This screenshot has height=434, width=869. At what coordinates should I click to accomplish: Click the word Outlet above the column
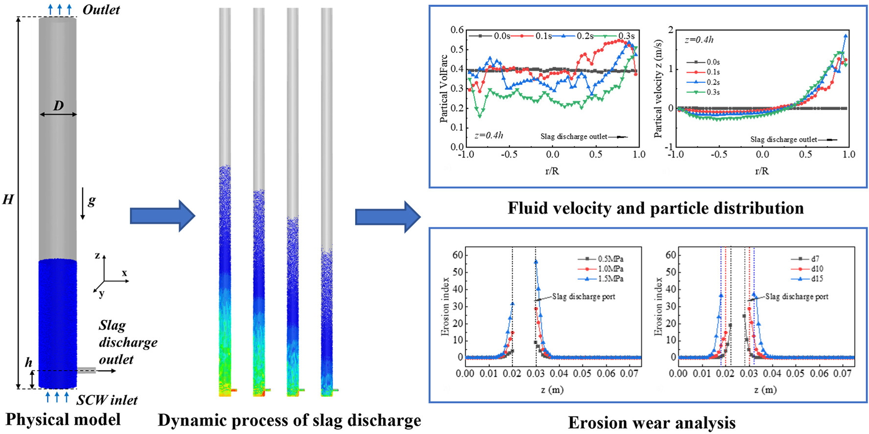click(x=101, y=10)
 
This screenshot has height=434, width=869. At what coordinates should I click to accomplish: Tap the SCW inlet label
click(x=107, y=400)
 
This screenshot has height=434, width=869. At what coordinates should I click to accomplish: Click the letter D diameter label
click(x=58, y=105)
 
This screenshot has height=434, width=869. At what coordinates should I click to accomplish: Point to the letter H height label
click(x=8, y=199)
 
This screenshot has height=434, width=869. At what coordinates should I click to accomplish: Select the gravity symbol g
click(x=92, y=200)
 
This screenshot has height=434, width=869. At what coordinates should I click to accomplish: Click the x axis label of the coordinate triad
click(x=124, y=273)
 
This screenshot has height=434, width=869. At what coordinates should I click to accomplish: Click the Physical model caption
click(x=63, y=420)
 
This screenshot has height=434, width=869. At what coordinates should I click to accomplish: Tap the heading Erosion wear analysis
click(x=652, y=423)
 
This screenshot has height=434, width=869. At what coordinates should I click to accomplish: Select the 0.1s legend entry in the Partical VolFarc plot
click(x=543, y=36)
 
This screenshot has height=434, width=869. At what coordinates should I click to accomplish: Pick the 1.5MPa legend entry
click(x=611, y=279)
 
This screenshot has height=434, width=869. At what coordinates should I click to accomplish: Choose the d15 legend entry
click(x=817, y=279)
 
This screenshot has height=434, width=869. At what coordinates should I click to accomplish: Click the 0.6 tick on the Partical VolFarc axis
click(x=457, y=30)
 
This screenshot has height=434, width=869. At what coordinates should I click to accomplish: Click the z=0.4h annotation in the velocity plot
click(x=699, y=40)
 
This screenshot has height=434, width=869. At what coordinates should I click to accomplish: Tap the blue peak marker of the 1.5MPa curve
click(x=536, y=262)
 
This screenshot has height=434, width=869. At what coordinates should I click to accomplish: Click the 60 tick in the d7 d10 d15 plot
click(x=671, y=255)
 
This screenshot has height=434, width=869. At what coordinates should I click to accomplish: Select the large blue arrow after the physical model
click(x=162, y=215)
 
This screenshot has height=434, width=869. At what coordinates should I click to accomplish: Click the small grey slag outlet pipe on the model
click(x=86, y=370)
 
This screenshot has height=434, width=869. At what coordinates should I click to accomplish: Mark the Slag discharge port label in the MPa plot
click(x=583, y=296)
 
